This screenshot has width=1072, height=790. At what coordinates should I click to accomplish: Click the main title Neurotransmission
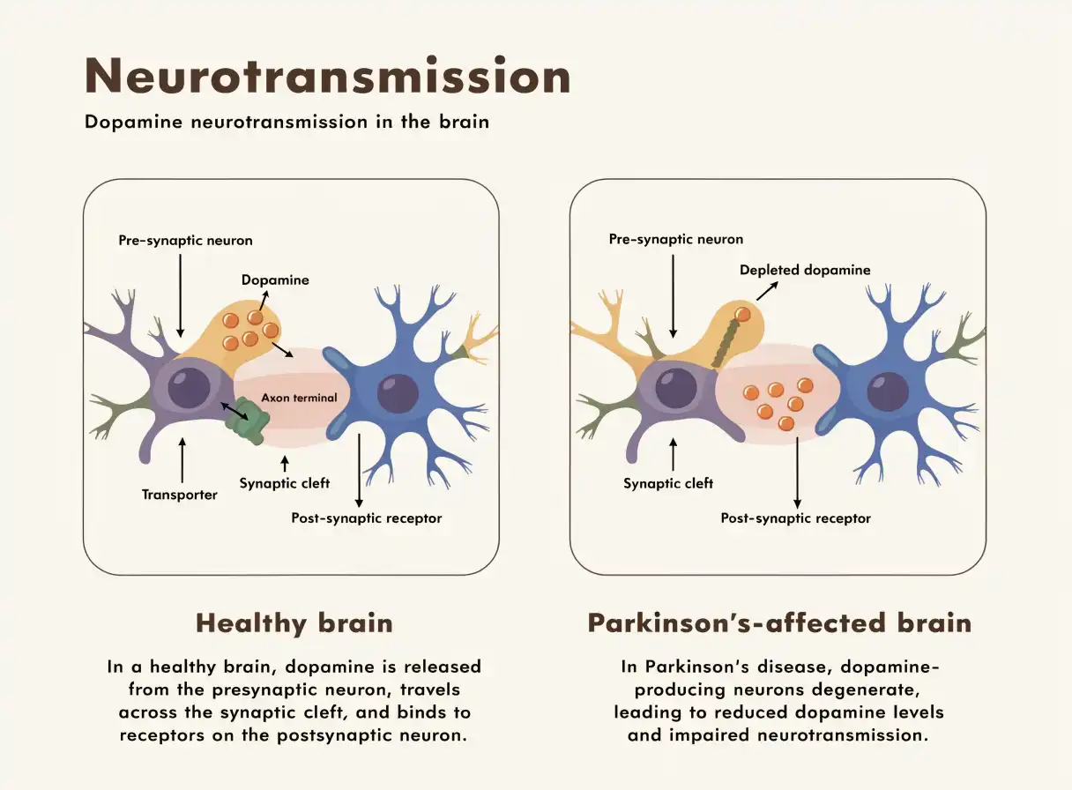pos(328,76)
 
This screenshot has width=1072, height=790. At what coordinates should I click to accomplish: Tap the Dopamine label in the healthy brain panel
pos(275,279)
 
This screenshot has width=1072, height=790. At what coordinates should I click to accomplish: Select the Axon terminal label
pos(299,398)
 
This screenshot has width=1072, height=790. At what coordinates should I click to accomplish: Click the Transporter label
pos(180,495)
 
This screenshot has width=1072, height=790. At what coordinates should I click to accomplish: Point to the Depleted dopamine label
pos(805,270)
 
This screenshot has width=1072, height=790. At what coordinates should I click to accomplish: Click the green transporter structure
pos(248,420)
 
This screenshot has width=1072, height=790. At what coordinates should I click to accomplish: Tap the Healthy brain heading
pos(294,623)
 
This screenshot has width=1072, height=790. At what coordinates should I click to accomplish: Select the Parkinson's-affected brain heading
pos(779,623)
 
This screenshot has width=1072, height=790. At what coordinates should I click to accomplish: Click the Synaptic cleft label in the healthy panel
pos(285,483)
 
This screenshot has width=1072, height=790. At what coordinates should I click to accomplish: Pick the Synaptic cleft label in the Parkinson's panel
pos(668,483)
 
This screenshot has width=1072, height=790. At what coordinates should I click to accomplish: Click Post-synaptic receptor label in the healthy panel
pos(367,518)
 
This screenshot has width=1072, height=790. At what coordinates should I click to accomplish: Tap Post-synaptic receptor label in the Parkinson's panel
pos(796,518)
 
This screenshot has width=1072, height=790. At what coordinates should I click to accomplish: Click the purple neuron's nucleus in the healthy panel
pos(189,388)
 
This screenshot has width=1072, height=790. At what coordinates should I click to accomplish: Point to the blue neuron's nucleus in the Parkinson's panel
pos(888,391)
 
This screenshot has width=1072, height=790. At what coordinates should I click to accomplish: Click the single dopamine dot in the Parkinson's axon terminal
pos(742,315)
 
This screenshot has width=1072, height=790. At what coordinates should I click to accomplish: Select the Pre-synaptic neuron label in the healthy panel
pos(186,240)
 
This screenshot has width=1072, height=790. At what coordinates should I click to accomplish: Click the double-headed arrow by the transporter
pos(234,412)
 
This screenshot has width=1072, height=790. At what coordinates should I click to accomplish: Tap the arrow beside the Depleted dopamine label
pos(767,291)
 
